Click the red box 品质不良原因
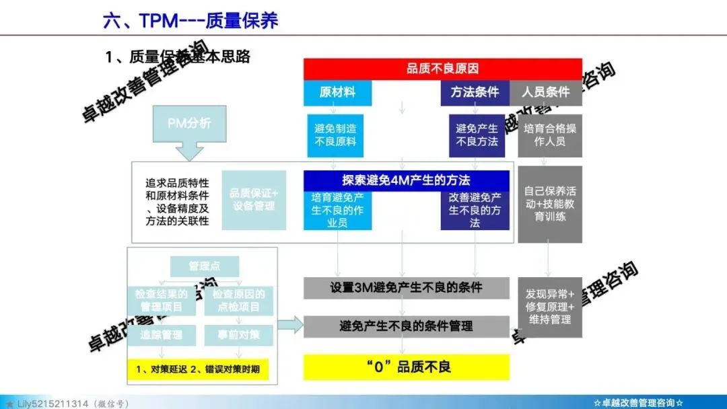pos(442,69)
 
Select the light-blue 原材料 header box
pos(337,93)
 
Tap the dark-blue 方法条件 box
pos(475,93)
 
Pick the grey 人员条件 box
pos(545,93)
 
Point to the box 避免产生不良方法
pos(477,135)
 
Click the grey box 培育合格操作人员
pos(550,135)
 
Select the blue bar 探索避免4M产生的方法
pos(406,180)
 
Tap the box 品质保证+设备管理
pos(254,200)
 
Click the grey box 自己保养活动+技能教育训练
pos(550,204)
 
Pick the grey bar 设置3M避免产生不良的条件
pos(406,288)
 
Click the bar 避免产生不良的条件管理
pos(406,326)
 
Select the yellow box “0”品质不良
pos(406,367)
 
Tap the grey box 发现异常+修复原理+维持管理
pos(550,307)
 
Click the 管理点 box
pos(204,266)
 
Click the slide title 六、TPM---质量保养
pos(190,20)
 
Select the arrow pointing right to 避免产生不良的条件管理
pos(290,326)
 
